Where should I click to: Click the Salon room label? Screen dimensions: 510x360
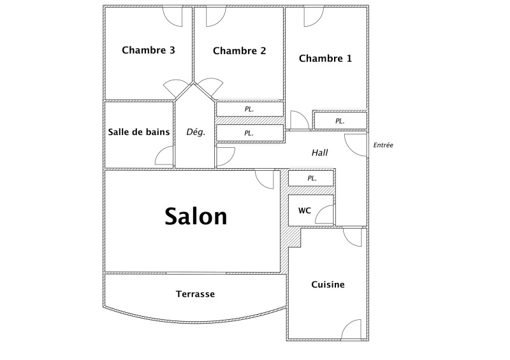196,216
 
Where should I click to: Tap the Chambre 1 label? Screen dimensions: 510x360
325,59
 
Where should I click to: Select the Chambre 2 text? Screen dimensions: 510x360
240,51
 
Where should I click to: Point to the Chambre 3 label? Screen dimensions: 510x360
149,50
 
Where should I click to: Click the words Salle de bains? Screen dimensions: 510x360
139,132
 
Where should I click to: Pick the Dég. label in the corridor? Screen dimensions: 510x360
196,132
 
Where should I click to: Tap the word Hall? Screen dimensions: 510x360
320,152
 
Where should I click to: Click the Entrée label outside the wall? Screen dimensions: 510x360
383,145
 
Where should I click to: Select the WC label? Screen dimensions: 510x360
305,211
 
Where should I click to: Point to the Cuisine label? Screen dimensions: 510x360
328,285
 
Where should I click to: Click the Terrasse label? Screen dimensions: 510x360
195,294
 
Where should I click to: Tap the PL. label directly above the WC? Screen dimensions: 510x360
312,178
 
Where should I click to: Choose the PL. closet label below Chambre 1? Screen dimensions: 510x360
340,121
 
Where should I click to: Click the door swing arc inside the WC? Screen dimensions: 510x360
320,210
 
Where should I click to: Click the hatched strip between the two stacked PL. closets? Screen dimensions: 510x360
250,120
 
